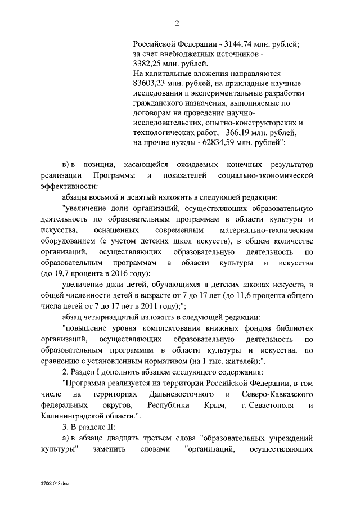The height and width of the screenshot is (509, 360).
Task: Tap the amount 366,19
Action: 237,133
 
